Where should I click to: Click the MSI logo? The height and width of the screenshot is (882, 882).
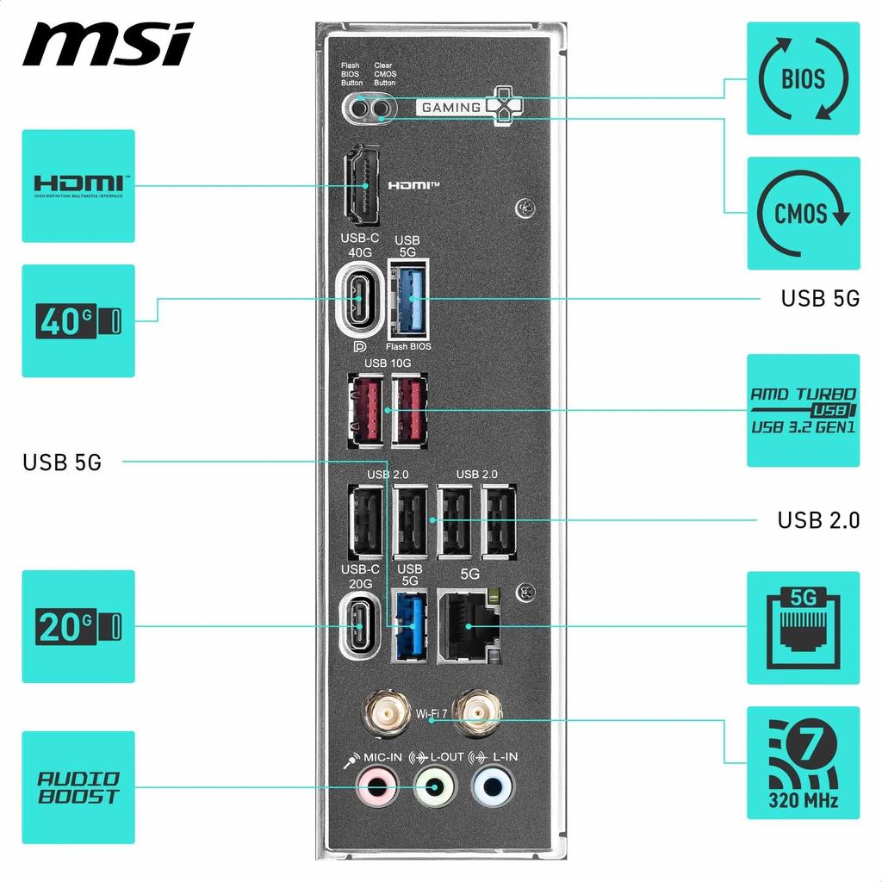[109, 44]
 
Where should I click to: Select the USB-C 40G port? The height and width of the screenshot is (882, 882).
[357, 300]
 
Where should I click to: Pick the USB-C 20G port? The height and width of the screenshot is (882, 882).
[358, 625]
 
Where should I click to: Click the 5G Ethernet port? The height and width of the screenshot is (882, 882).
[469, 626]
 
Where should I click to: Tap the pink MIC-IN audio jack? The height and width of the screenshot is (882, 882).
[377, 785]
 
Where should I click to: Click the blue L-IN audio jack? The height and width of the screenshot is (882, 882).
[493, 785]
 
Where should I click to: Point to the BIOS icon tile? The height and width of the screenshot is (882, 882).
[803, 78]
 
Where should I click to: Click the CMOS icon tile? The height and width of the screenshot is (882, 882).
[803, 213]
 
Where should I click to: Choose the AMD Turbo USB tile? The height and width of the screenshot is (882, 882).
[803, 410]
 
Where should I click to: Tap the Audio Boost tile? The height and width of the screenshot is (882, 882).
[78, 787]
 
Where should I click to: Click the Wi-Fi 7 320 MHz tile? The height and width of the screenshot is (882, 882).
[803, 762]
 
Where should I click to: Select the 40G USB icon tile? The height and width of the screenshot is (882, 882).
[78, 320]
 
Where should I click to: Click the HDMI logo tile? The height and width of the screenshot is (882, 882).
[78, 185]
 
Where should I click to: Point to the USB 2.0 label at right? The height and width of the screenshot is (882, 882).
[818, 520]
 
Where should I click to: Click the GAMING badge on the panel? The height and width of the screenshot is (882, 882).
[450, 108]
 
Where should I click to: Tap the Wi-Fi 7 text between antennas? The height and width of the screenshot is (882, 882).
[432, 713]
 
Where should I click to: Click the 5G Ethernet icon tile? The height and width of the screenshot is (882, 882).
[803, 627]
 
